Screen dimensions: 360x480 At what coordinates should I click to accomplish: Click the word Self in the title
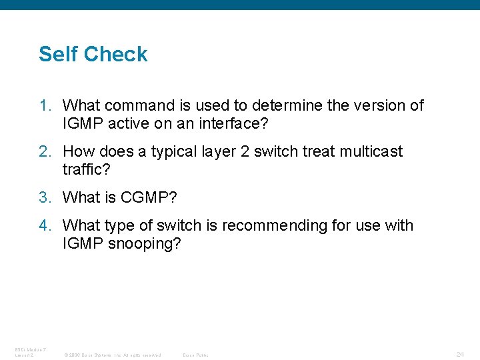click(x=55, y=54)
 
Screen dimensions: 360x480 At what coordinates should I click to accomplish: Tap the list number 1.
click(x=44, y=105)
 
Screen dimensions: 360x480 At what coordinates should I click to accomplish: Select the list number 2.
click(x=44, y=151)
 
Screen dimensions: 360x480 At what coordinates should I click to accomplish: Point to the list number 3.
click(x=44, y=197)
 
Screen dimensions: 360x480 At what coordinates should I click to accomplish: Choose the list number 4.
click(x=44, y=225)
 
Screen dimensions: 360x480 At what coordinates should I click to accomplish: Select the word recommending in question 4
click(x=269, y=225)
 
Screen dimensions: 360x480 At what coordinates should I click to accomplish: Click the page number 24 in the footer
click(x=460, y=353)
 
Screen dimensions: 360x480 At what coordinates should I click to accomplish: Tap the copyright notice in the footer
click(x=112, y=355)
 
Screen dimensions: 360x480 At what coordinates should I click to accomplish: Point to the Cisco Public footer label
click(x=195, y=355)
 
